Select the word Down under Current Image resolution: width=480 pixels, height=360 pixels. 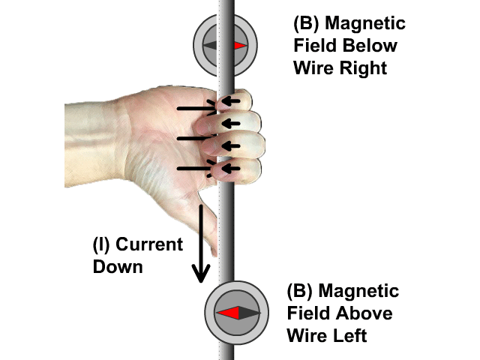pyautogui.click(x=118, y=265)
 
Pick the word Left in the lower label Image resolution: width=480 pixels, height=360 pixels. pyautogui.click(x=347, y=335)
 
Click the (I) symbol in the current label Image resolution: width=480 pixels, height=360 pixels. pyautogui.click(x=102, y=245)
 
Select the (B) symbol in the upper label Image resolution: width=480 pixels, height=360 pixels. pyautogui.click(x=307, y=23)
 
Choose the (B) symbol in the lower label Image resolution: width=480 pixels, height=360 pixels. pyautogui.click(x=300, y=291)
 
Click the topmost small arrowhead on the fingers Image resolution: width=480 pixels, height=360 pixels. pyautogui.click(x=232, y=100)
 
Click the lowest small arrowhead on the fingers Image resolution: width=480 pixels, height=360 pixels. pyautogui.click(x=232, y=169)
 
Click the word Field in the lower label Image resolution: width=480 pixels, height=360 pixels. pyautogui.click(x=310, y=313)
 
